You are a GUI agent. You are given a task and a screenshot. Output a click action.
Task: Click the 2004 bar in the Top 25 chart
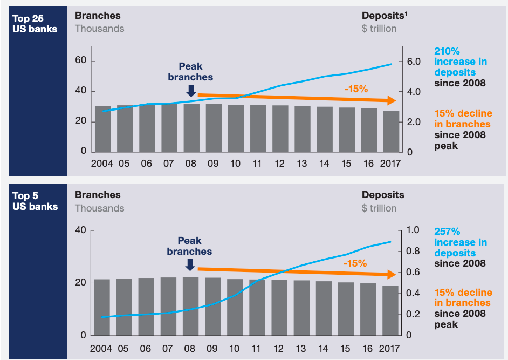[x=103, y=129]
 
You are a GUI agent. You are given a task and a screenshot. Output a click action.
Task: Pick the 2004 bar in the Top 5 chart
[x=102, y=307]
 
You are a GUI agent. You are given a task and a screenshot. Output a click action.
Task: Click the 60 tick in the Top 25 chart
[x=81, y=61]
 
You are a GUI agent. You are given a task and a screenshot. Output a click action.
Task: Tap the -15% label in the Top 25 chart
[x=356, y=89]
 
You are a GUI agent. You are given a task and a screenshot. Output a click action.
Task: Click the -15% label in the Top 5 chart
[x=355, y=263]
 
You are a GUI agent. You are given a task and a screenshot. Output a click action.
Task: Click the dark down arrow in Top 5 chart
[x=190, y=264]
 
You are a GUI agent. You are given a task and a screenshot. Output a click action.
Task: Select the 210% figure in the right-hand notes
[x=447, y=52]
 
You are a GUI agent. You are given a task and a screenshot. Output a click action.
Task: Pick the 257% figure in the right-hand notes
[x=447, y=232]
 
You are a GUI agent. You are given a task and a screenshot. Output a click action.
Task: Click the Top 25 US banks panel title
[x=35, y=23]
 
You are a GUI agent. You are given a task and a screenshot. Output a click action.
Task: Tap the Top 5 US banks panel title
[x=35, y=201]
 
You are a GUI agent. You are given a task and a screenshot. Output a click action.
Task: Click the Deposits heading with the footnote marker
[x=385, y=16]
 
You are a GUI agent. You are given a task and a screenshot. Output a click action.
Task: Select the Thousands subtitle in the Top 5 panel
[x=99, y=208]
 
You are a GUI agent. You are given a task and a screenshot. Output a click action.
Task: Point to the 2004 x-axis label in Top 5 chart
[x=101, y=349]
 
